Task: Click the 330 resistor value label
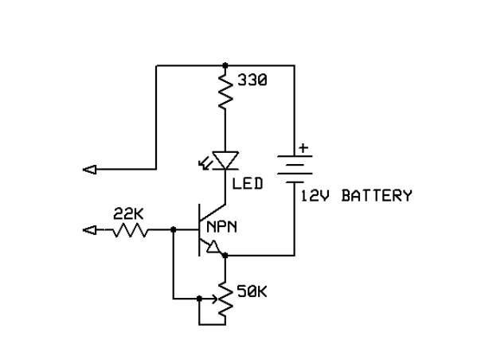(x=252, y=80)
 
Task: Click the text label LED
(x=248, y=185)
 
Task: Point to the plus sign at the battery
(x=303, y=149)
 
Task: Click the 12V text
(x=315, y=195)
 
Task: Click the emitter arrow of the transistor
(x=213, y=249)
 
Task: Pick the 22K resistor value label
(x=127, y=213)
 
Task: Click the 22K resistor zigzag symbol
(x=129, y=231)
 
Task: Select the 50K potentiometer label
(x=252, y=294)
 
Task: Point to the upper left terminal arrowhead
(x=90, y=169)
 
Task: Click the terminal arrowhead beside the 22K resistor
(x=90, y=231)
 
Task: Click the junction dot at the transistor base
(x=174, y=231)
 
